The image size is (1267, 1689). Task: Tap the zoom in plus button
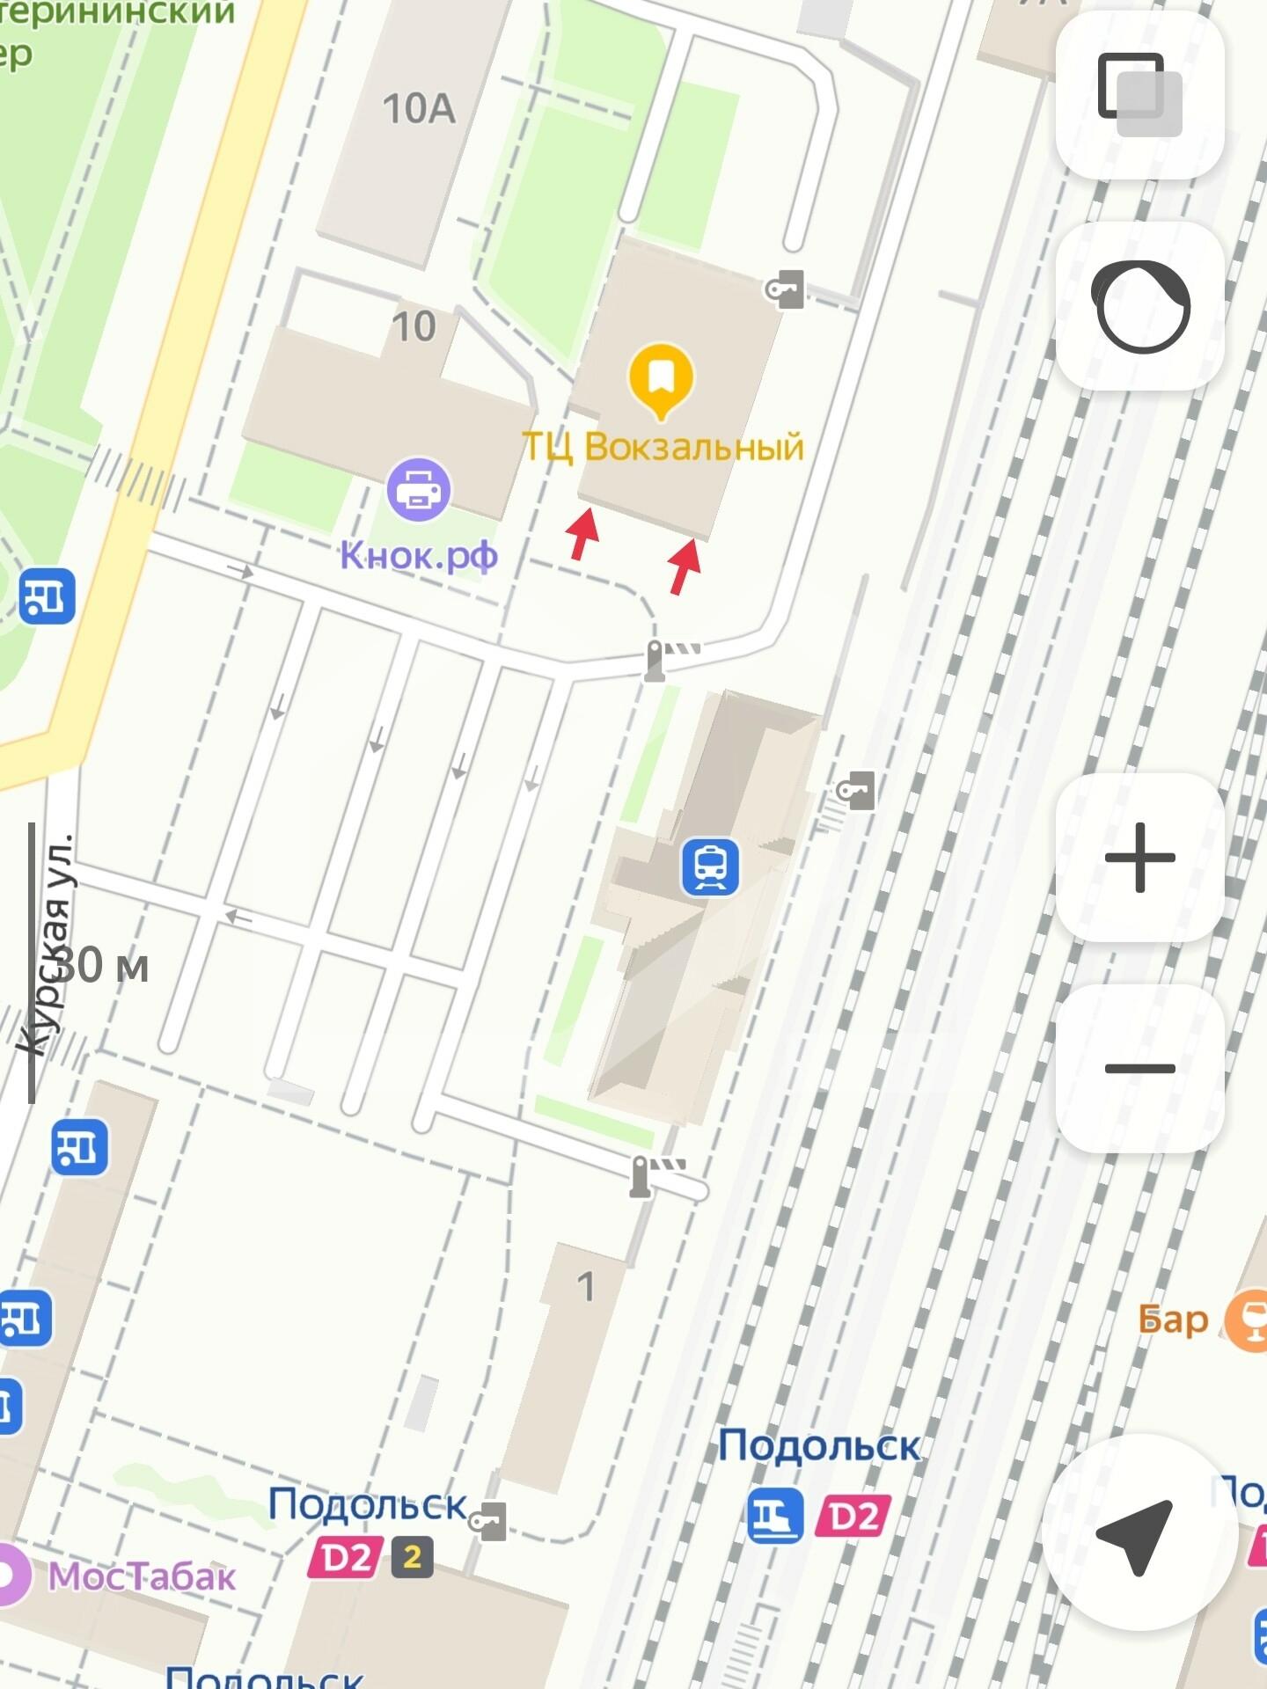pyautogui.click(x=1139, y=857)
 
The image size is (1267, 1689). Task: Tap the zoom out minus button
pyautogui.click(x=1139, y=1068)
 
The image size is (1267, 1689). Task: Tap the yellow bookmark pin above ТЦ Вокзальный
pyautogui.click(x=661, y=380)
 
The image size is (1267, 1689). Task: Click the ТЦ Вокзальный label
pyautogui.click(x=663, y=447)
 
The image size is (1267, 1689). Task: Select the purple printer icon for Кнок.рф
pyautogui.click(x=419, y=490)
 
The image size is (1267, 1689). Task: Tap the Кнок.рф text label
pyautogui.click(x=419, y=556)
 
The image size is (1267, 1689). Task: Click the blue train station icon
pyautogui.click(x=709, y=866)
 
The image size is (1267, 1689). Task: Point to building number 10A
pyautogui.click(x=419, y=109)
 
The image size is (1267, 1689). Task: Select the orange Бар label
pyautogui.click(x=1174, y=1320)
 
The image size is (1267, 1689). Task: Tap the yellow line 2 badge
pyautogui.click(x=412, y=1558)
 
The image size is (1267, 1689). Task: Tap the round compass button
pyautogui.click(x=1139, y=306)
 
